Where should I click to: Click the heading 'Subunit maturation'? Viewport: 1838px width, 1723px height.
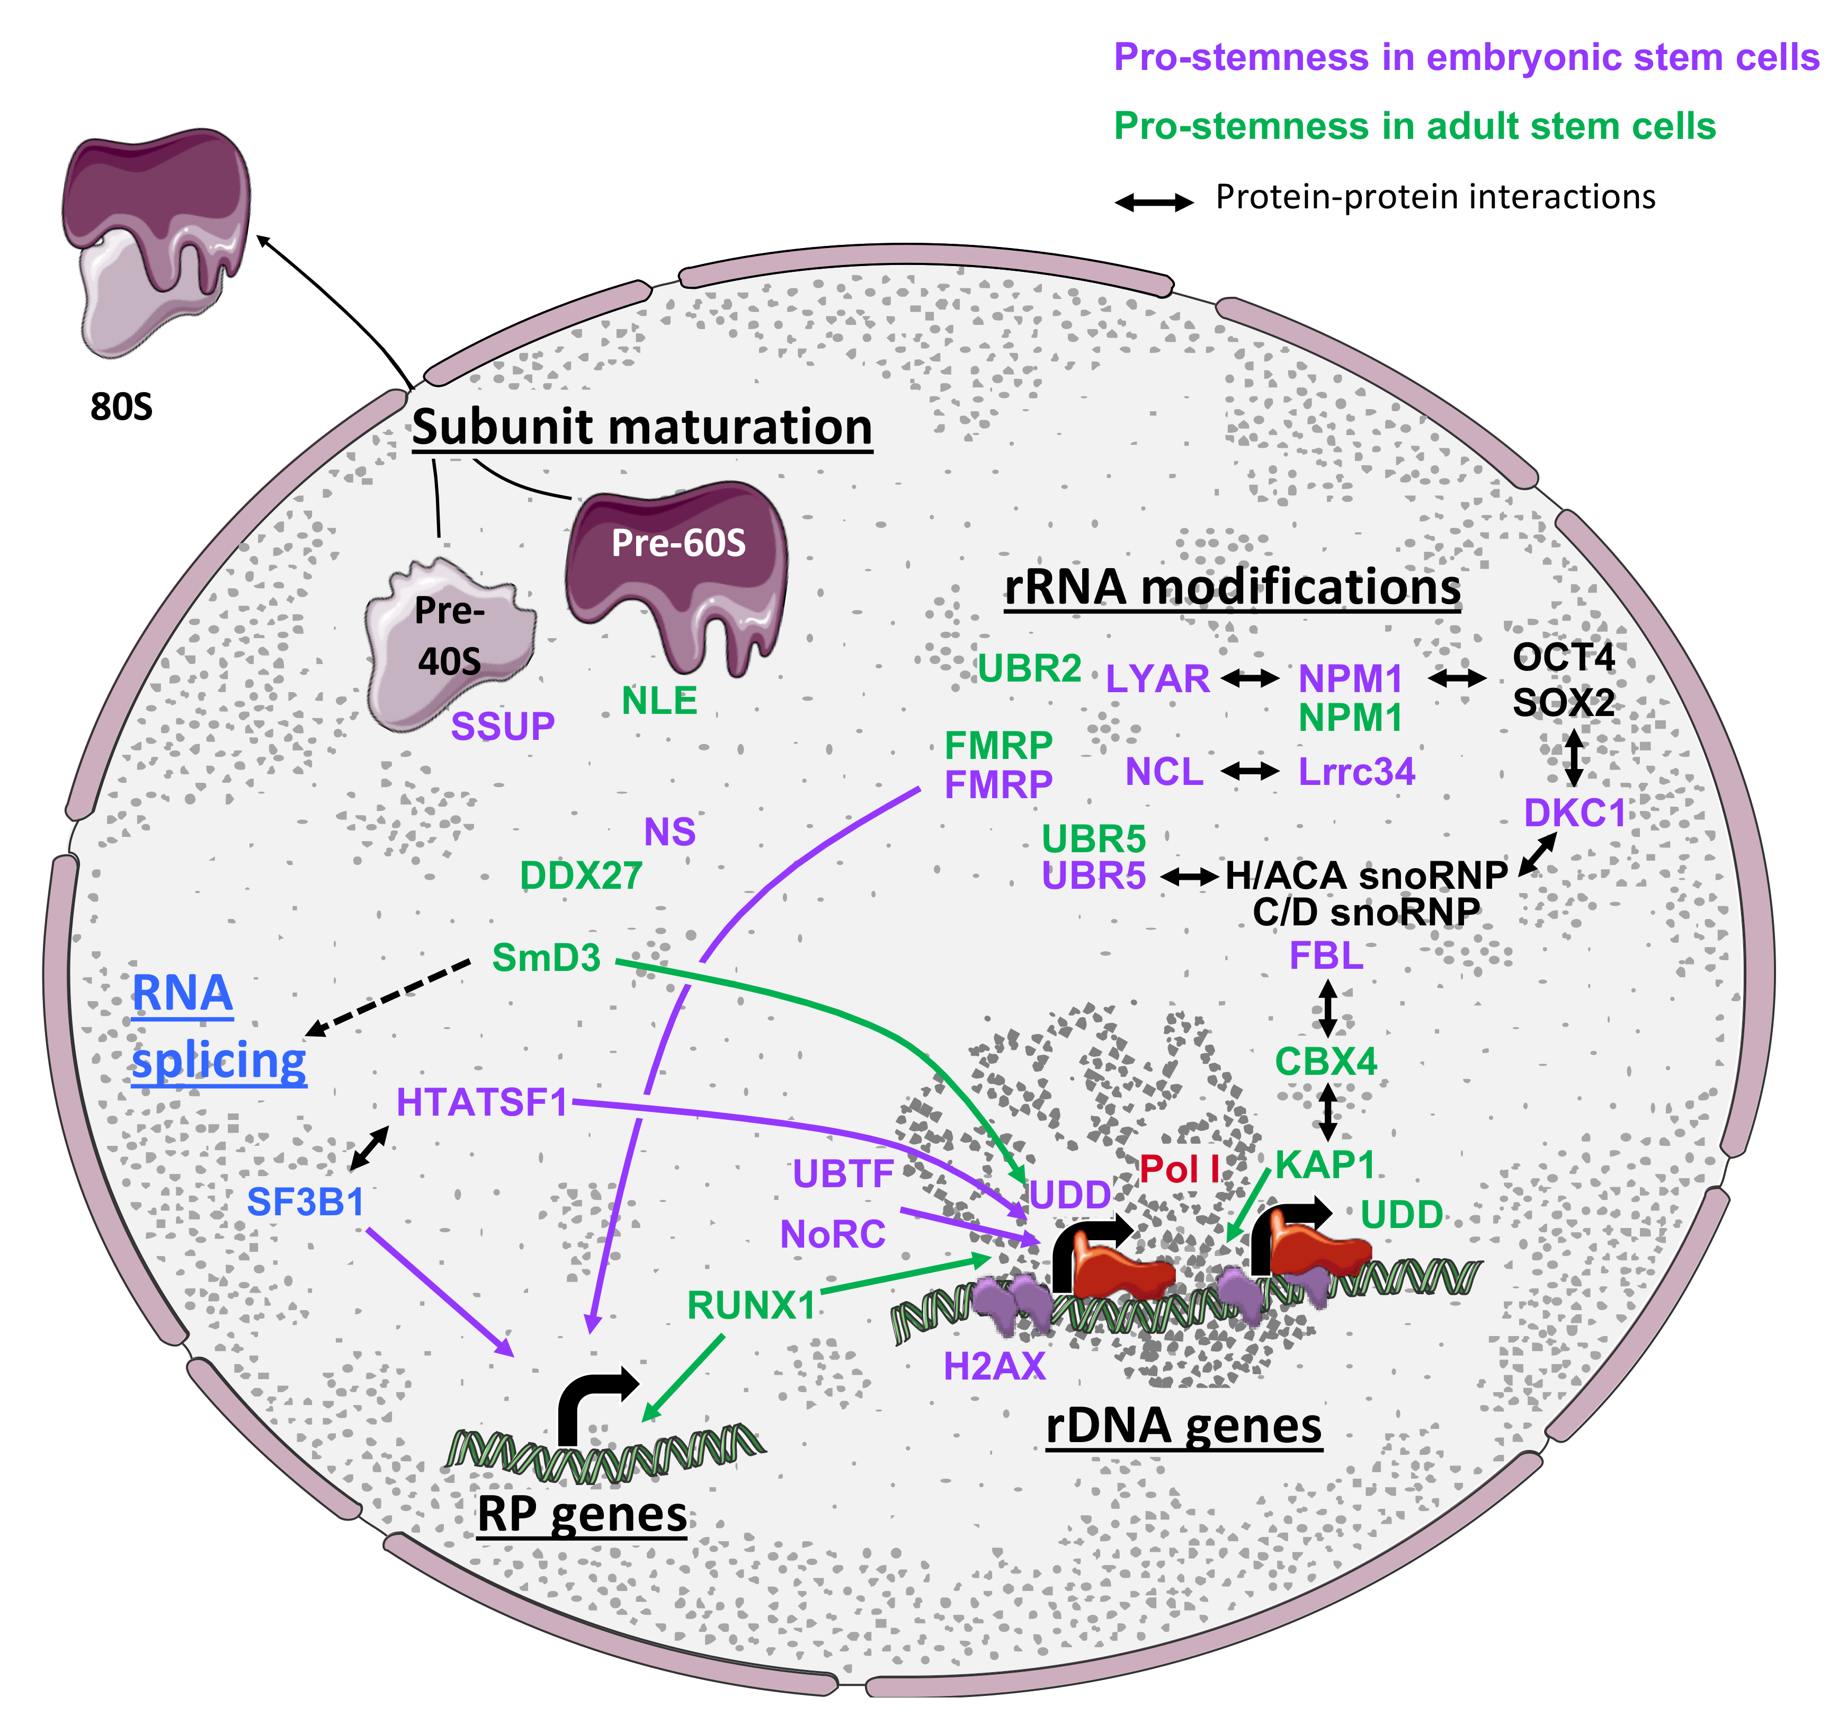(641, 427)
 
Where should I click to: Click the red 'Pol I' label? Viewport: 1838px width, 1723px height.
(1178, 1170)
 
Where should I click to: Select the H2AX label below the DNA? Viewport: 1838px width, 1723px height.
(994, 1366)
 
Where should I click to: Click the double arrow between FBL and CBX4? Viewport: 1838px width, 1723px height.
(1327, 1008)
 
